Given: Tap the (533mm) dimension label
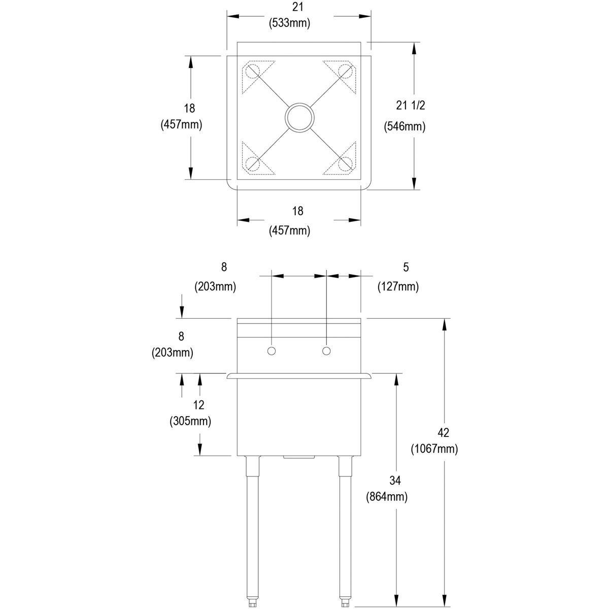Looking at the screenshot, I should [289, 23].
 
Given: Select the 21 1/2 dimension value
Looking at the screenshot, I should [410, 105].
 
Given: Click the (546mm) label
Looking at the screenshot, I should [404, 126].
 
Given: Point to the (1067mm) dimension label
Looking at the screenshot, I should [434, 449].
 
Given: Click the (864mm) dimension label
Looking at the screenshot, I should [387, 497].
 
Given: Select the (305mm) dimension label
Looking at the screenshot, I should [191, 421].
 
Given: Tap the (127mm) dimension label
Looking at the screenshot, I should [398, 287].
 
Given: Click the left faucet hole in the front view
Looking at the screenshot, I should [272, 351].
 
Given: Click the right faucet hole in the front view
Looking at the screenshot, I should [326, 351].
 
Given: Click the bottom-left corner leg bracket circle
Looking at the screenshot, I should [252, 163].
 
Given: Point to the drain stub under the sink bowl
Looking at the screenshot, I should [299, 458].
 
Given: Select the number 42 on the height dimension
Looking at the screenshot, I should [443, 432].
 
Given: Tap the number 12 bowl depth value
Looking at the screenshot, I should [198, 404].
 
